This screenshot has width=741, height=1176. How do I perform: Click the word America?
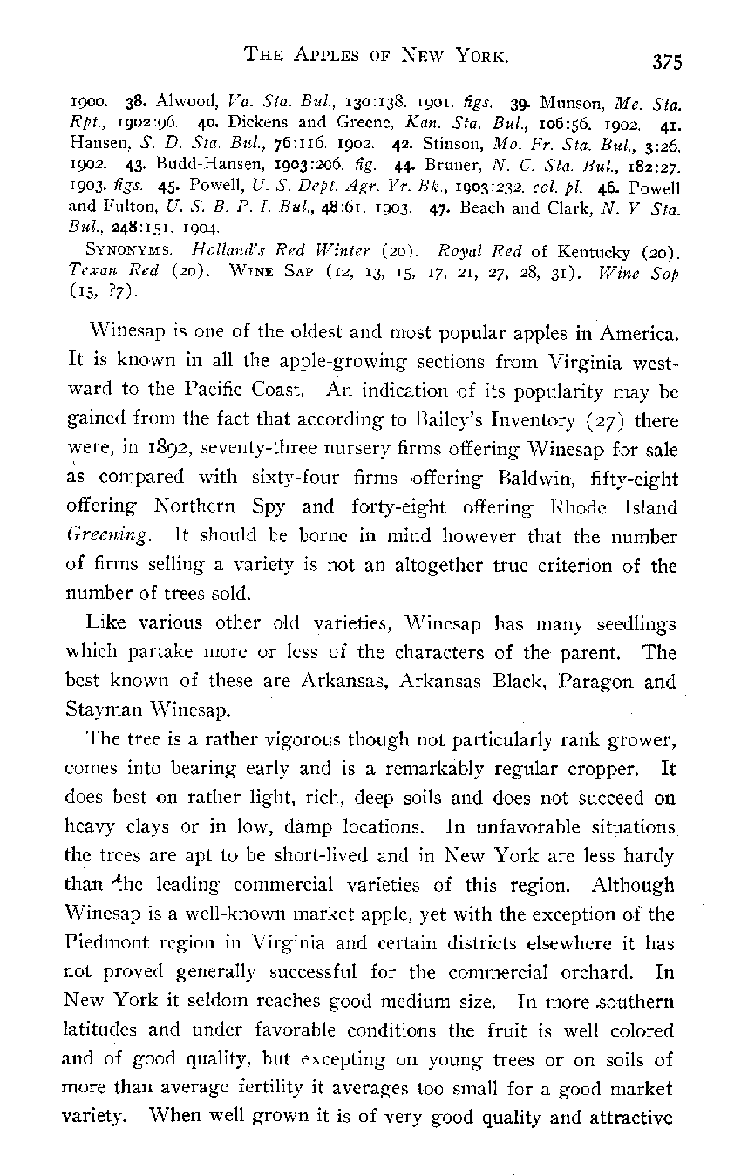point(636,334)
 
